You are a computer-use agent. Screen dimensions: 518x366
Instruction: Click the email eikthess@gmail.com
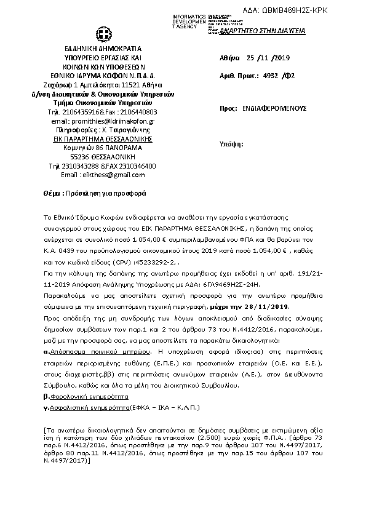(111, 175)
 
